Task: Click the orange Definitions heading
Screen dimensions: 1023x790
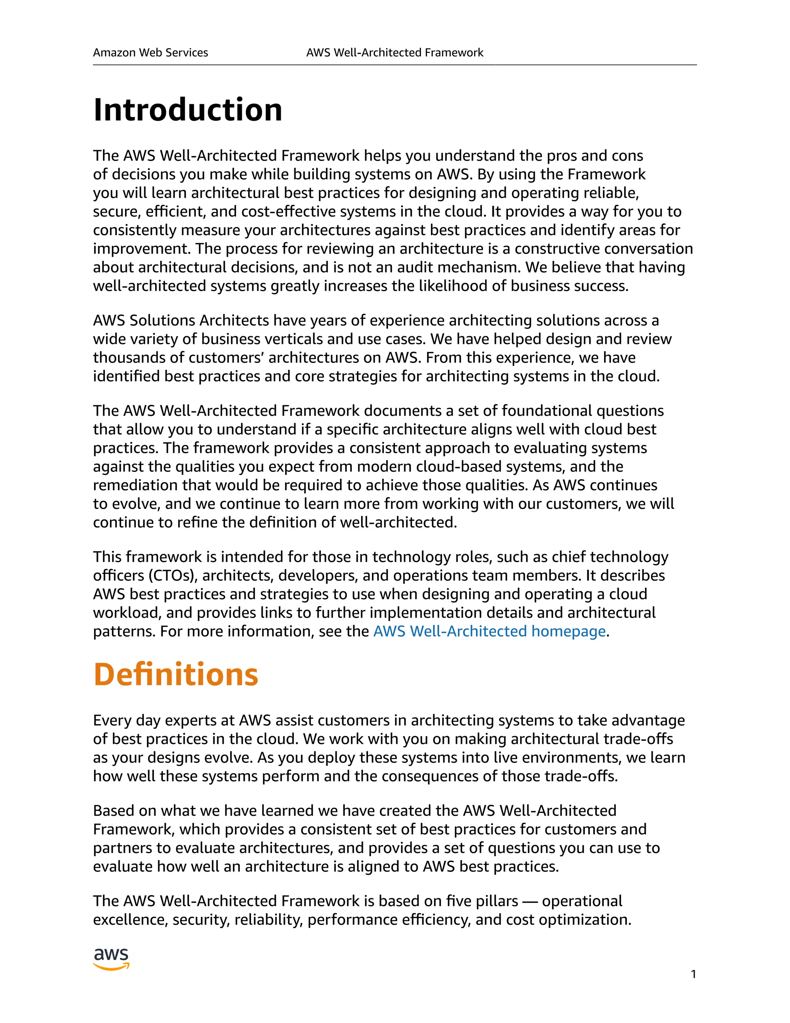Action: (x=176, y=674)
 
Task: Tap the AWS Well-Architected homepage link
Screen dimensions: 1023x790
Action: (x=489, y=632)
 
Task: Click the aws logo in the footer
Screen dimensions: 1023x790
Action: (x=111, y=959)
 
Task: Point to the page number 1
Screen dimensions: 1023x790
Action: (x=693, y=974)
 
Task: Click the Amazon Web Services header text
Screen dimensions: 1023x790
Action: (x=150, y=53)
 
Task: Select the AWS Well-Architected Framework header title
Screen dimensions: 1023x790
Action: (x=395, y=53)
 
